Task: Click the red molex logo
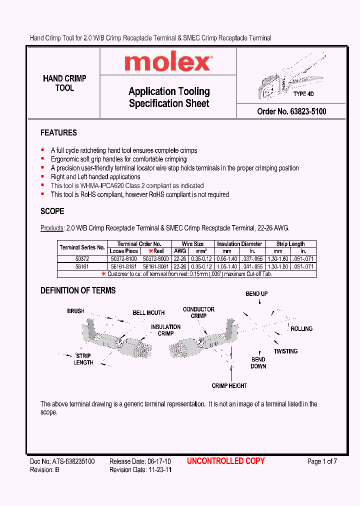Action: tap(167, 62)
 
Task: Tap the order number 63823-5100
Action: tap(291, 111)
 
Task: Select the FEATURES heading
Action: tap(58, 133)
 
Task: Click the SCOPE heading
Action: tap(52, 211)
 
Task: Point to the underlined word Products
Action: tap(52, 228)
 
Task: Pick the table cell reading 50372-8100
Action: tap(123, 259)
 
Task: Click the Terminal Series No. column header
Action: tap(82, 247)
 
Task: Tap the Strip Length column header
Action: tap(290, 244)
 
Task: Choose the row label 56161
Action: tap(82, 266)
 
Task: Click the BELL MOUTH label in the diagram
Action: tap(148, 313)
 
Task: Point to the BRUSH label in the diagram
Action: tap(76, 311)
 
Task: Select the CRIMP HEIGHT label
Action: tap(229, 386)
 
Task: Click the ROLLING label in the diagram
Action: tap(301, 329)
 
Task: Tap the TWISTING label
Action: tap(285, 351)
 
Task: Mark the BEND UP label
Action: tap(256, 294)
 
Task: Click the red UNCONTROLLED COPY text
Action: tap(226, 461)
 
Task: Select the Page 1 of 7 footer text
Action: tap(322, 461)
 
